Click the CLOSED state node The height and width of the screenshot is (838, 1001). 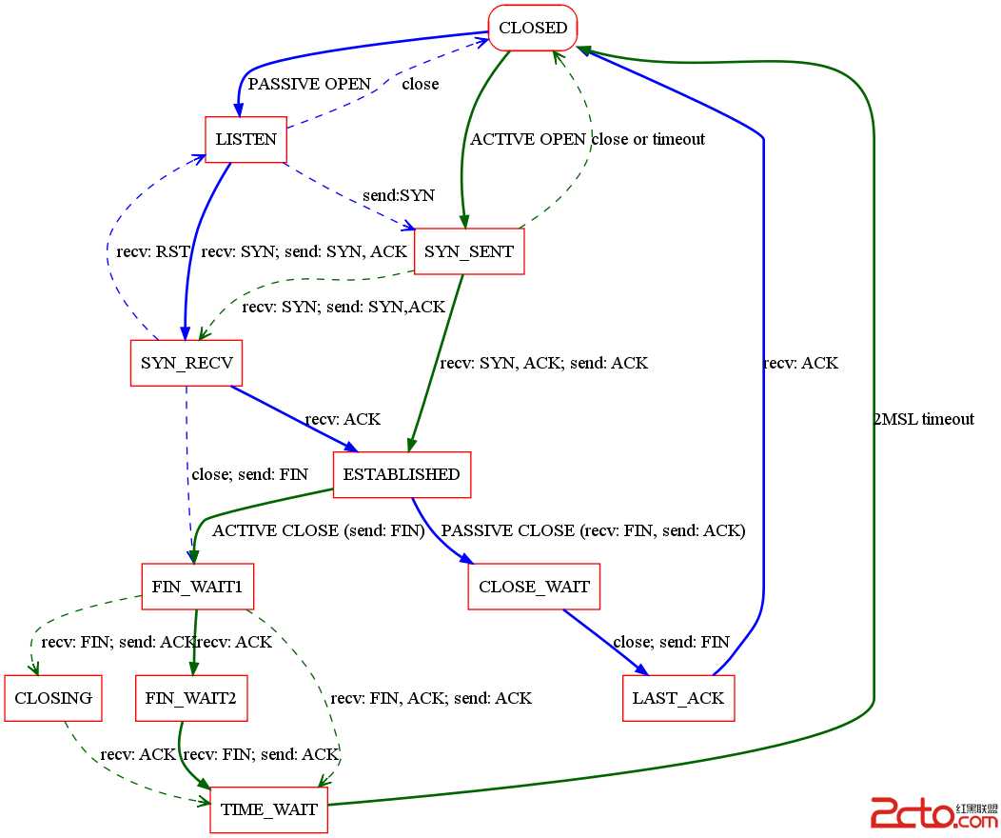click(533, 28)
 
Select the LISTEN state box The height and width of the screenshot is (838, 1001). click(245, 139)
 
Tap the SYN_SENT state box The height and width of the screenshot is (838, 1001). click(469, 251)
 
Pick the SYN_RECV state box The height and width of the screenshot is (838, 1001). click(186, 363)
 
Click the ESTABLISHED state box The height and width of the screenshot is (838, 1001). click(402, 474)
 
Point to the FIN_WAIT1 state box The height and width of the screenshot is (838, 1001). click(198, 587)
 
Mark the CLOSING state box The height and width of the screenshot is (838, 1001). click(53, 698)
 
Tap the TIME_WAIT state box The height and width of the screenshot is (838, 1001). click(268, 810)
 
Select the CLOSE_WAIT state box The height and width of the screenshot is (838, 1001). click(534, 587)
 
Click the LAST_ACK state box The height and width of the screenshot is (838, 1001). click(678, 698)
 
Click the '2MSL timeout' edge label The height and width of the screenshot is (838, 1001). click(923, 419)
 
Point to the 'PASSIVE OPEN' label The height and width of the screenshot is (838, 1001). click(308, 84)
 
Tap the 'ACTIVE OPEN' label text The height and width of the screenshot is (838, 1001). click(528, 139)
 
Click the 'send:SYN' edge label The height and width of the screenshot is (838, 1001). click(398, 195)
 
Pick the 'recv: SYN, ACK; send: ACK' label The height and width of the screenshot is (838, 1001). click(543, 363)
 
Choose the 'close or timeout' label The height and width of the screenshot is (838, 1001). click(648, 139)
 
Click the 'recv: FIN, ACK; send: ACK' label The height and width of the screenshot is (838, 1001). click(431, 698)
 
